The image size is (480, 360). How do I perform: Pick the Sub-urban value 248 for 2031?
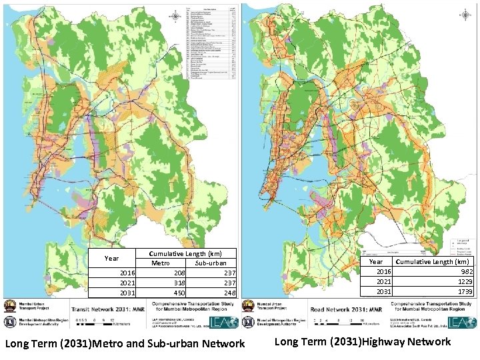229,293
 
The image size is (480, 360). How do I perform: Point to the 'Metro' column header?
159,263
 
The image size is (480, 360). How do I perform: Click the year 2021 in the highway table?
385,281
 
